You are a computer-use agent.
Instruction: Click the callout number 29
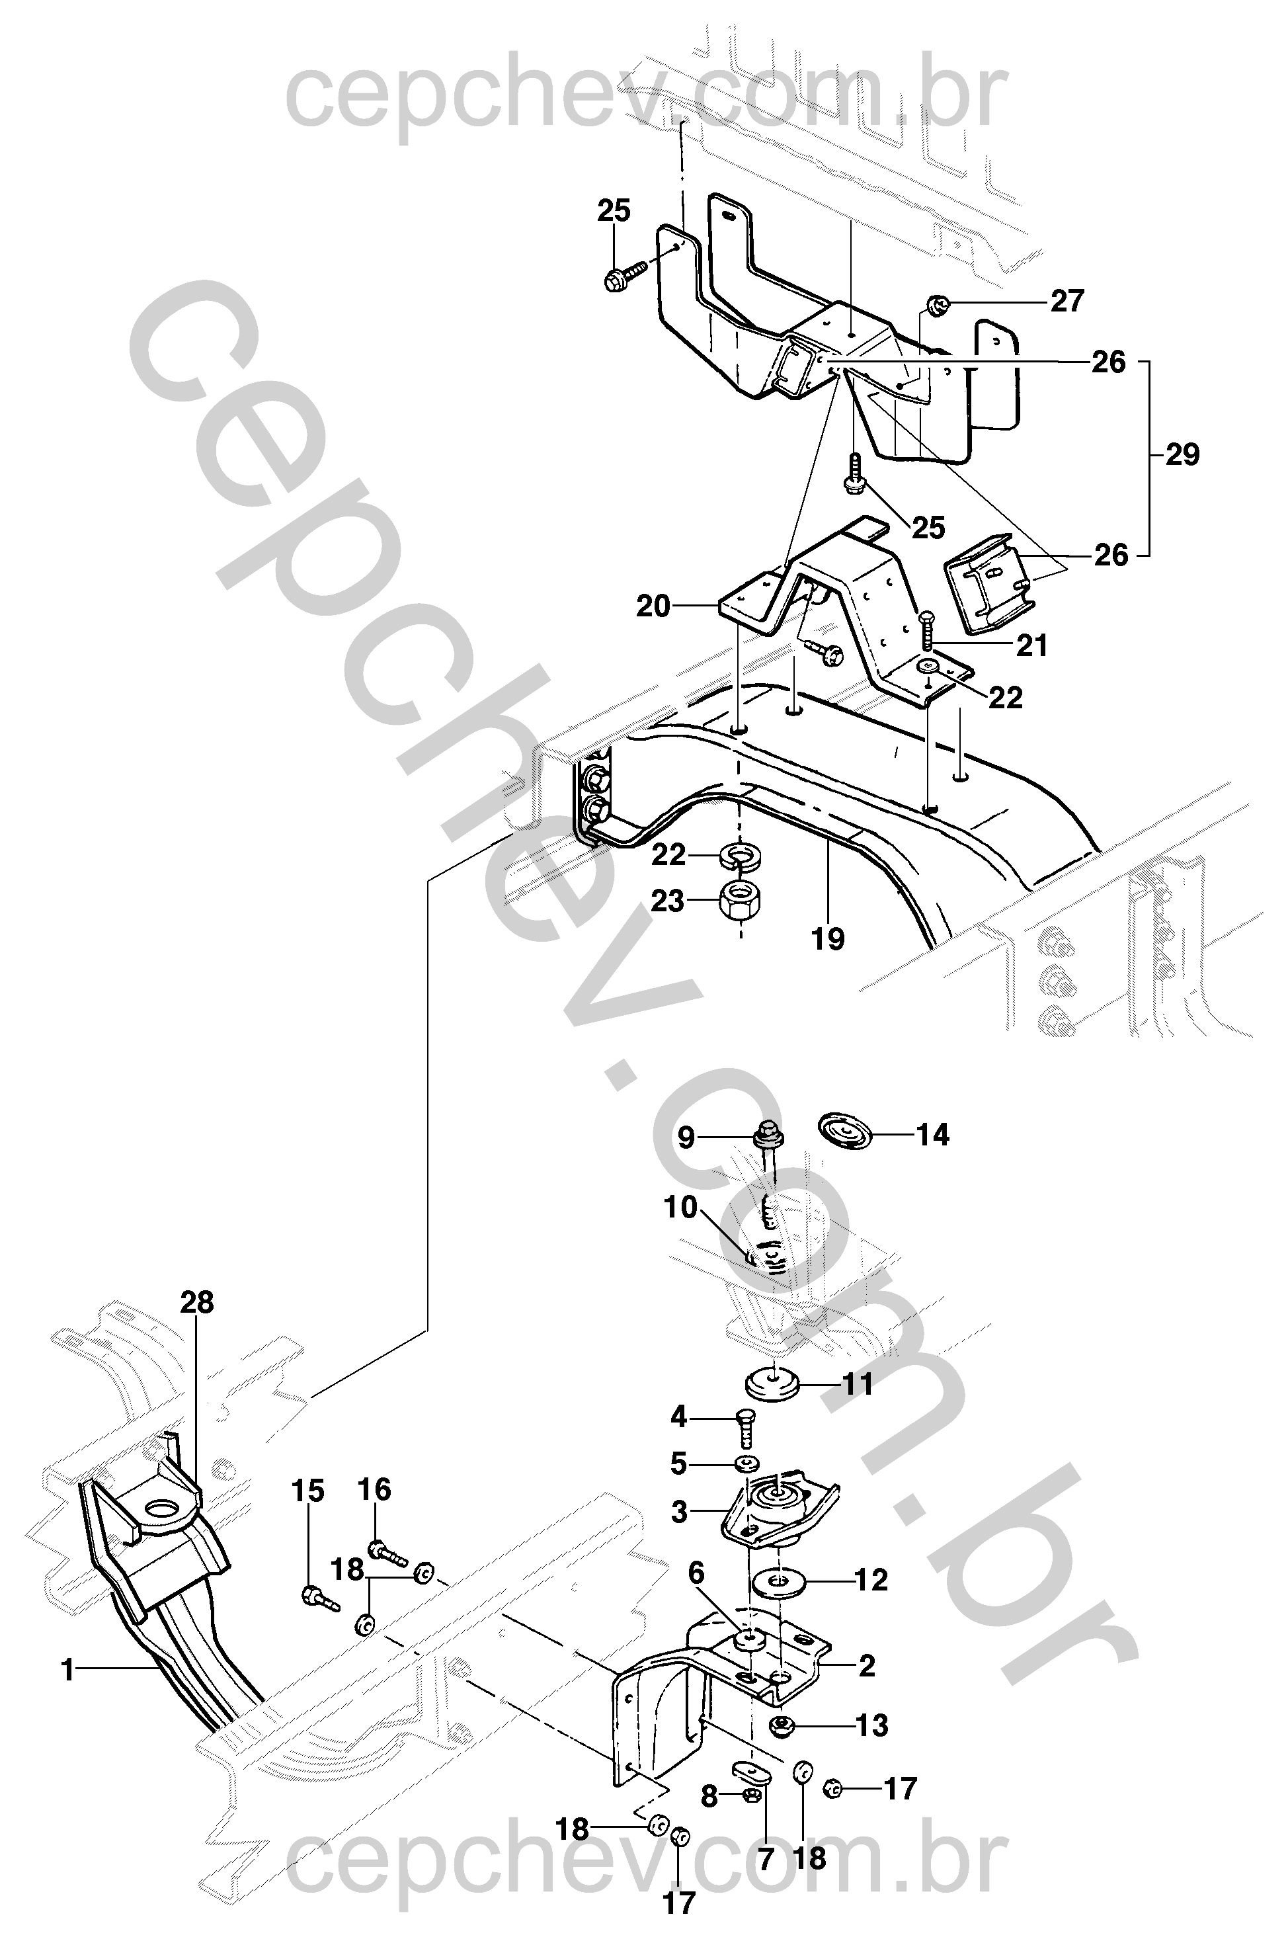tap(1182, 454)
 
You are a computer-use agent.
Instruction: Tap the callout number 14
tap(932, 1135)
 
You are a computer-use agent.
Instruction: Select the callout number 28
tap(197, 1302)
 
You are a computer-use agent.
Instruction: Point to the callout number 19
tap(828, 938)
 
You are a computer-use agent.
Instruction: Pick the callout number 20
tap(653, 606)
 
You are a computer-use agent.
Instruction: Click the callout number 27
tap(1067, 302)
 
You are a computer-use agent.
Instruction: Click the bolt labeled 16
tap(386, 1552)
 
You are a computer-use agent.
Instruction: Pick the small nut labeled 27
tap(938, 306)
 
